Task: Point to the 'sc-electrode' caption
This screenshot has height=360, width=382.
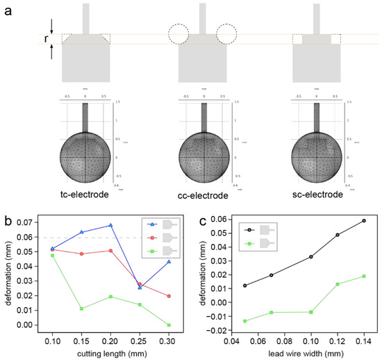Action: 318,195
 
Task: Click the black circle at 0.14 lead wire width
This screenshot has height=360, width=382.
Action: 364,220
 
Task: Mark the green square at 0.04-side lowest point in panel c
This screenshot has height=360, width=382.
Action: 244,321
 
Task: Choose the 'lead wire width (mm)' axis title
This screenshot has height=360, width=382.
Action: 304,354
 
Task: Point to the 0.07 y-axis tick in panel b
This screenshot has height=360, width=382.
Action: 22,222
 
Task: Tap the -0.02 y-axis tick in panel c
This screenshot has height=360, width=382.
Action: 215,331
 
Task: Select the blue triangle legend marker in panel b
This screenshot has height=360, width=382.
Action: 153,224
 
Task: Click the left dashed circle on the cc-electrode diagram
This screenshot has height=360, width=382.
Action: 179,34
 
